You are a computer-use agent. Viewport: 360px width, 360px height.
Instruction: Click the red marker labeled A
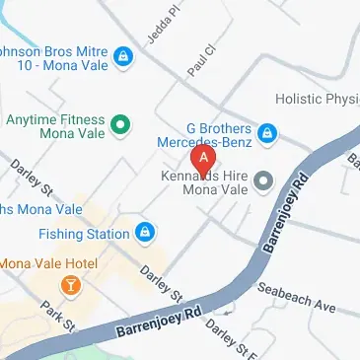203,159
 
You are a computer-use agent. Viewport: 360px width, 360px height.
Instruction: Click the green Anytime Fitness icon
120,124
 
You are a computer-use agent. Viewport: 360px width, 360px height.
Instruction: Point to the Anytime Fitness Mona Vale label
51,124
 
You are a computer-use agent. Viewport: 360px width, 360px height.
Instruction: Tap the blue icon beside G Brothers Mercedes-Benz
265,133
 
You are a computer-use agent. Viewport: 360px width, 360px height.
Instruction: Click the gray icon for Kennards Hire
263,180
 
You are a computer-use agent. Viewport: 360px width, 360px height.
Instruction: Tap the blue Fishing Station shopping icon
145,233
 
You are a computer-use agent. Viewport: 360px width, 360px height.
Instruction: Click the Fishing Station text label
85,234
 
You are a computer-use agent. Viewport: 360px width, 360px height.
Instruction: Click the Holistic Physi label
317,99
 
